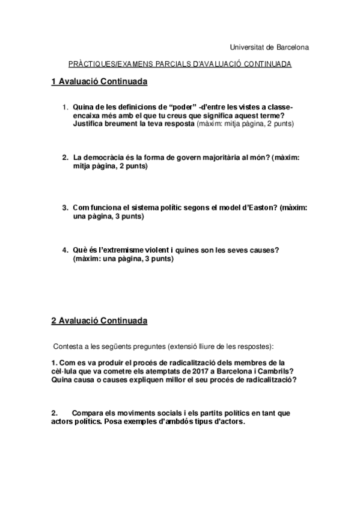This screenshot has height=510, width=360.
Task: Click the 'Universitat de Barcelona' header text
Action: coord(269,47)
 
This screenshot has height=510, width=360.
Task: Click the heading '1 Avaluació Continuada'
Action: coord(99,81)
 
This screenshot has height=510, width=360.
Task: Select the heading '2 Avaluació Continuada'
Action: coord(99,321)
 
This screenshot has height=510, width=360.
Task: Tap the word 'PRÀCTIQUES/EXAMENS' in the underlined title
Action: coord(103,63)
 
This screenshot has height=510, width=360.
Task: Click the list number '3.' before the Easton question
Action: coord(65,207)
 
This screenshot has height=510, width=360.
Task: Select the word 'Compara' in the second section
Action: coord(88,413)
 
